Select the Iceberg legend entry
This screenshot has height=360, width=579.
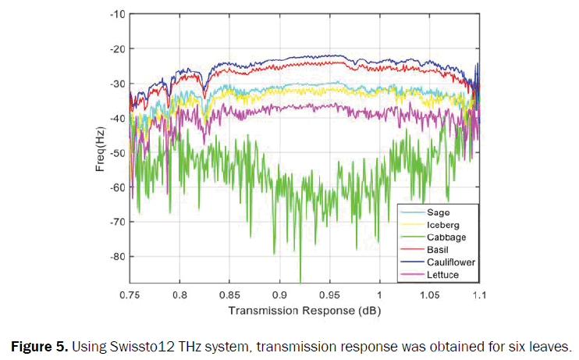pos(442,224)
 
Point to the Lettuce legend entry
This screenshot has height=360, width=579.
pos(442,275)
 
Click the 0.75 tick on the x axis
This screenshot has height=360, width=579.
pos(130,296)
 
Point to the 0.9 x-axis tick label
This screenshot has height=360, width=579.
pos(279,296)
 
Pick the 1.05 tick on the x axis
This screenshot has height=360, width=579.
pos(428,296)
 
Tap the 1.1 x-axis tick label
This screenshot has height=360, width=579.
pos(478,296)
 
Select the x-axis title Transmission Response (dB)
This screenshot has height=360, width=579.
pos(304,311)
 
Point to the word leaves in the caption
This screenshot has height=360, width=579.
pos(552,346)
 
